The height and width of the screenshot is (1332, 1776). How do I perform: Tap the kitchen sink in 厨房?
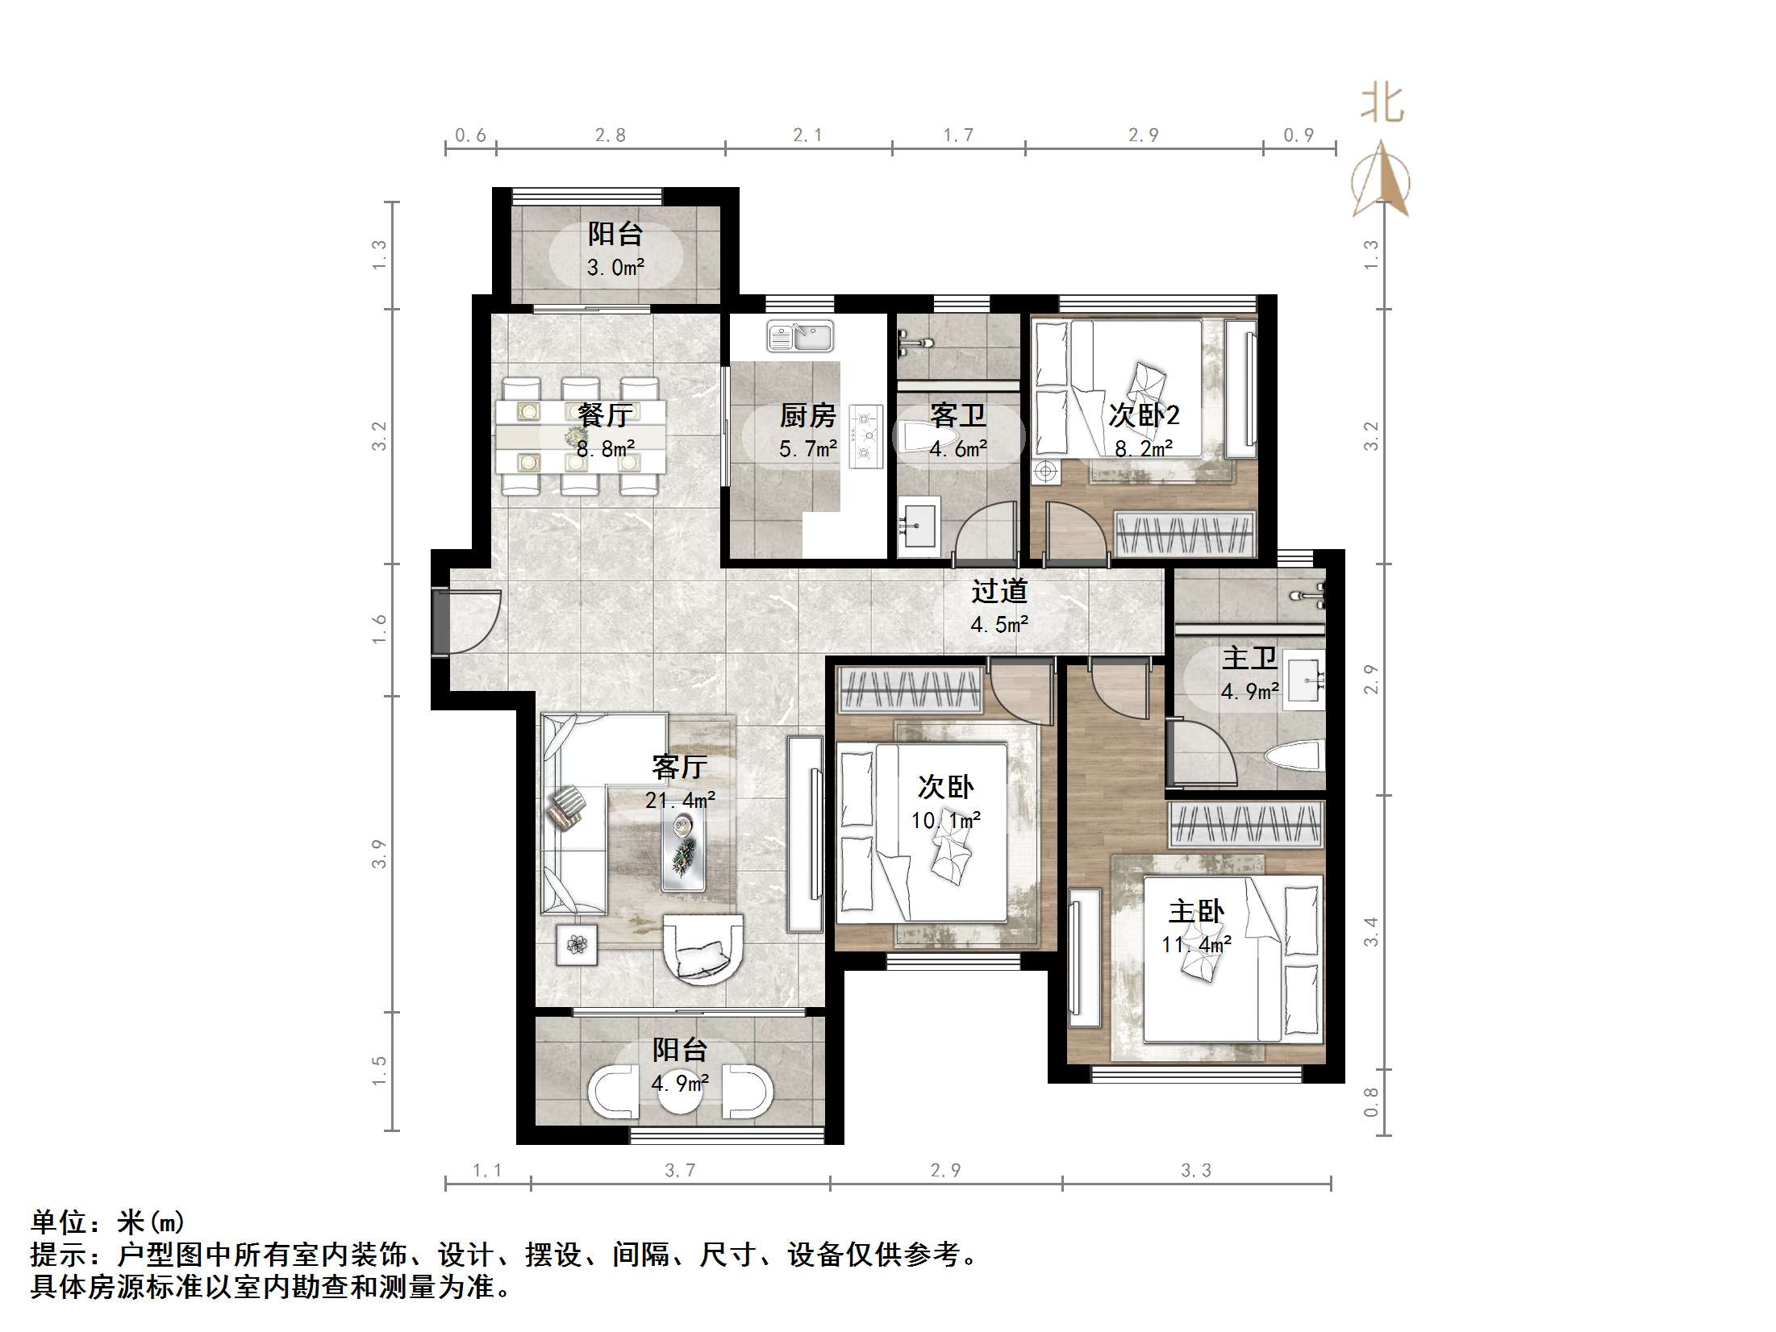pos(800,337)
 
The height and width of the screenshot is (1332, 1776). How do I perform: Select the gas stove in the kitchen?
pos(867,436)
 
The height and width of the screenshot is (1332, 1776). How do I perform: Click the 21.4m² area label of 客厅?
pos(680,800)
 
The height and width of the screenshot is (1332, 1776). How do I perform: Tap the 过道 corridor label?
pos(998,591)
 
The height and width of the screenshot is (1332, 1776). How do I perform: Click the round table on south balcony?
pos(680,1091)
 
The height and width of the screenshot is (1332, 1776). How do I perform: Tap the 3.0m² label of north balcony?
pos(615,268)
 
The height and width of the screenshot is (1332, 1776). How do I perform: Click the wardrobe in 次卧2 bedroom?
pos(1184,534)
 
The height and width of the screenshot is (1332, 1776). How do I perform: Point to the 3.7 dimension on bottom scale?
pos(679,1170)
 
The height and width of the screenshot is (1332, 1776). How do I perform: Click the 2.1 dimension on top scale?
pos(807,135)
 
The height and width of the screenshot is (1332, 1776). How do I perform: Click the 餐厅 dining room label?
pos(605,415)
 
